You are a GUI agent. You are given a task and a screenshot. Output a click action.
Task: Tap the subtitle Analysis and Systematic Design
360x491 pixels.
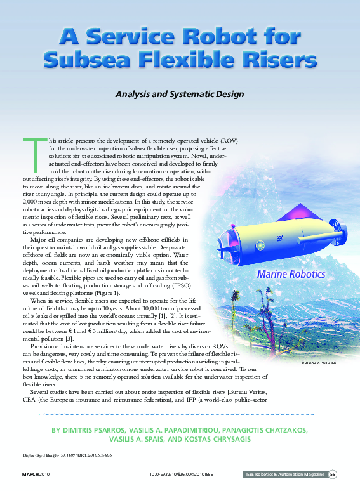point(180,94)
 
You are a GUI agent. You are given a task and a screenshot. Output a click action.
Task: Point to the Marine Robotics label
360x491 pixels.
point(291,274)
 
